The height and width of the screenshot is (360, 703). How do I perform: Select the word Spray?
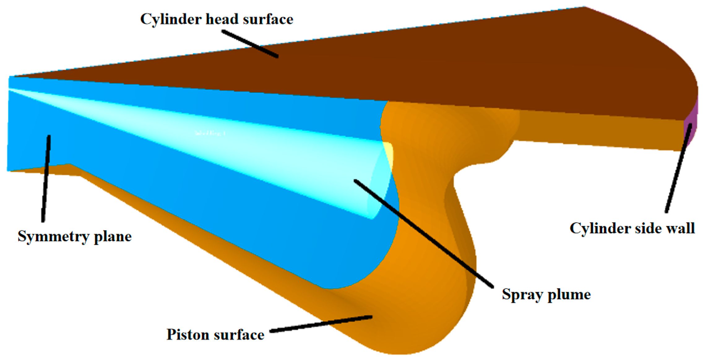(x=521, y=294)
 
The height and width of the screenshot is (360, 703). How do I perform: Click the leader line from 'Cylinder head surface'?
(x=250, y=44)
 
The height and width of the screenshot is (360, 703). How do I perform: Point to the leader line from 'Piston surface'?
(x=322, y=324)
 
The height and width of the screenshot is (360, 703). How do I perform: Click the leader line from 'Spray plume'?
(x=424, y=234)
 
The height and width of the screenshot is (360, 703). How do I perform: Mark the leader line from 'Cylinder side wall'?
(x=678, y=169)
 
